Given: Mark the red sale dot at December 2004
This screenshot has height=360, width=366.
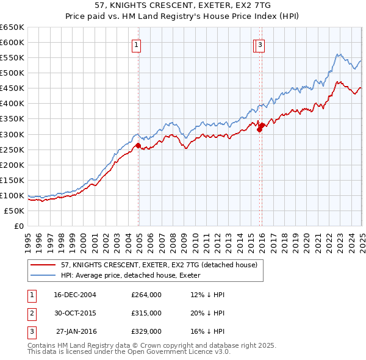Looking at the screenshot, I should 138,145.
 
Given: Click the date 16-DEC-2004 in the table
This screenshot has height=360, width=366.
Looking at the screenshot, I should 75,295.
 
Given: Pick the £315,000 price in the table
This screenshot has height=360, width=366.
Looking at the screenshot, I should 146,313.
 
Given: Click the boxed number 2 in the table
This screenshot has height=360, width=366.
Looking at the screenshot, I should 31,313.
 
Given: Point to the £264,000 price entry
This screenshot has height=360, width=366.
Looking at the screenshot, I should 146,295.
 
